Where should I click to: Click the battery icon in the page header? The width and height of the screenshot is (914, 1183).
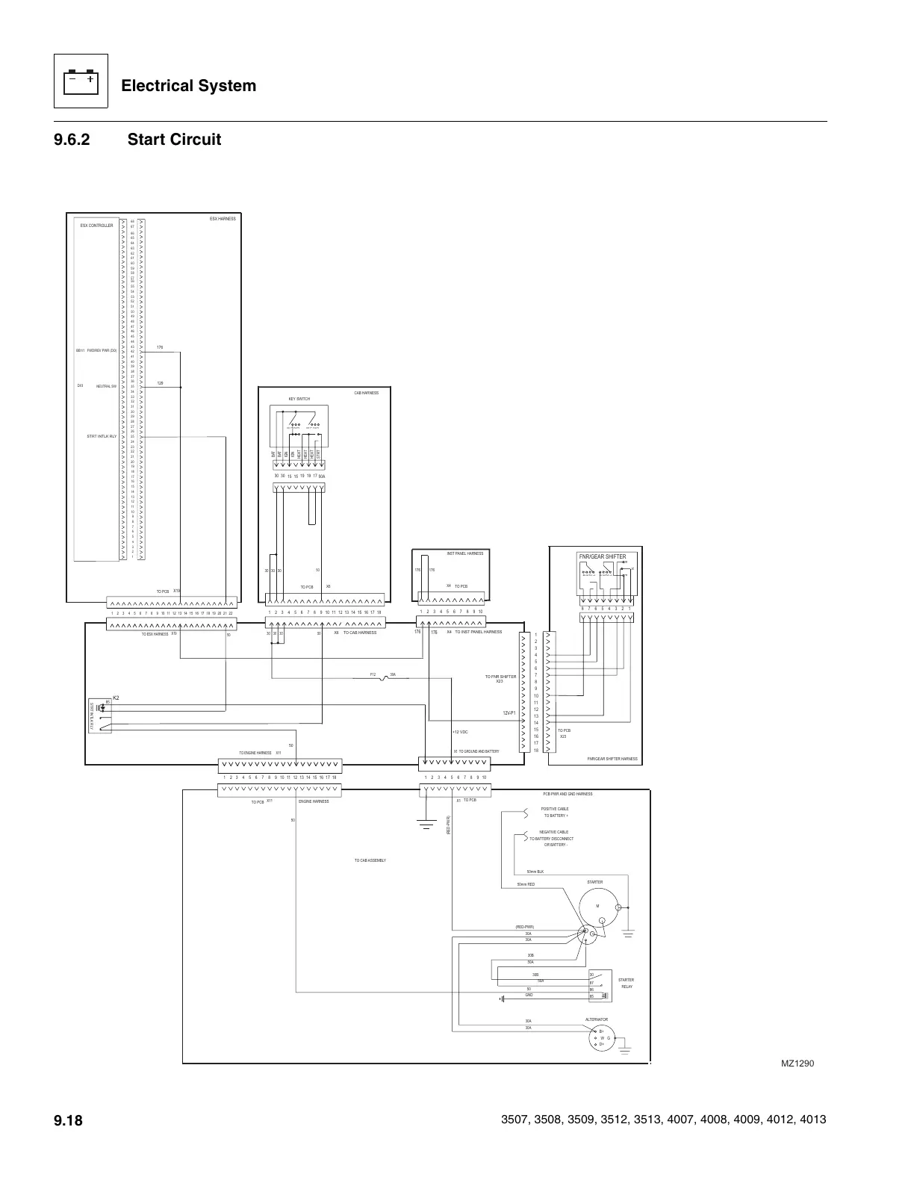point(81,81)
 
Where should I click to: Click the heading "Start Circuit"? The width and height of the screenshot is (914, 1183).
point(174,140)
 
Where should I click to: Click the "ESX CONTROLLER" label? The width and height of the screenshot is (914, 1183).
point(96,225)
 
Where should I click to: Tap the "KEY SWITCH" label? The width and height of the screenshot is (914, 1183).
point(299,399)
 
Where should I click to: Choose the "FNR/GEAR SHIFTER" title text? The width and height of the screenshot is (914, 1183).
point(603,556)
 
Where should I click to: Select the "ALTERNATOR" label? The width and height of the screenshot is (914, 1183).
point(596,1019)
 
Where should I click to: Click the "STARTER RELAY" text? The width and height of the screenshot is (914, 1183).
point(626,983)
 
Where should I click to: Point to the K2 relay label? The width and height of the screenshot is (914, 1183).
point(116,697)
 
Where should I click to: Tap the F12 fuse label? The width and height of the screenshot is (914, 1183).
point(373,674)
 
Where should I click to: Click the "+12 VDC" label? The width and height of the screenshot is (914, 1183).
point(460,732)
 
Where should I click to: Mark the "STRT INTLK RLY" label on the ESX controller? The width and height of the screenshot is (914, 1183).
point(102,435)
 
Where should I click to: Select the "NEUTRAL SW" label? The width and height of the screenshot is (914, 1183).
point(106,386)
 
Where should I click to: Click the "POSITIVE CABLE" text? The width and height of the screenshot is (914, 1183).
point(555,809)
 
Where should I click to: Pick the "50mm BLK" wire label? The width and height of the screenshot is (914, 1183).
point(535,872)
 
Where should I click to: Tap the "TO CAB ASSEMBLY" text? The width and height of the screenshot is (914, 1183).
point(370,860)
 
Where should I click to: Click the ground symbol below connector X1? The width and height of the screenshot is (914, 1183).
point(426,825)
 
